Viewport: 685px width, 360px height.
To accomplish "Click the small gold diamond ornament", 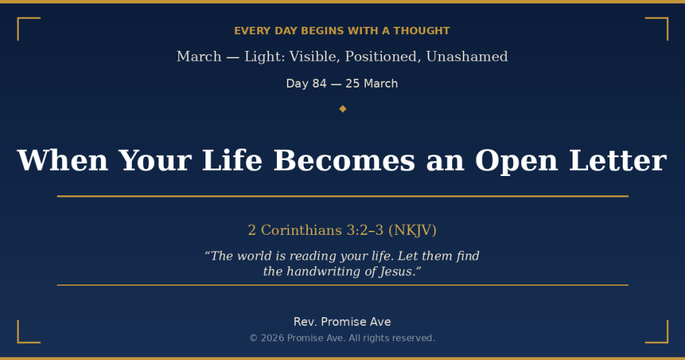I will [342, 108].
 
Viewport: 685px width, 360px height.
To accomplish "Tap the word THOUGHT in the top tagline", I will [421, 31].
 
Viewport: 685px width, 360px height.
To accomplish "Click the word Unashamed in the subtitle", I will [467, 57].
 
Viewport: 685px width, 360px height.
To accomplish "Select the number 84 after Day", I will [319, 84].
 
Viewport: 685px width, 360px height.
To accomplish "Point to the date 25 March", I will [371, 84].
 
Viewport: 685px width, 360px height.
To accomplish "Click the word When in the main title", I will [62, 161].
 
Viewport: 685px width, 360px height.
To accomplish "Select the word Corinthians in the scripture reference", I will [301, 230].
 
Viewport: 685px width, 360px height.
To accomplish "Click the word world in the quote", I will [257, 256].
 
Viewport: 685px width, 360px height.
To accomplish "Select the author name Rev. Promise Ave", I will [342, 322].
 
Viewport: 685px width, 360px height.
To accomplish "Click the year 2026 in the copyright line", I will [271, 338].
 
